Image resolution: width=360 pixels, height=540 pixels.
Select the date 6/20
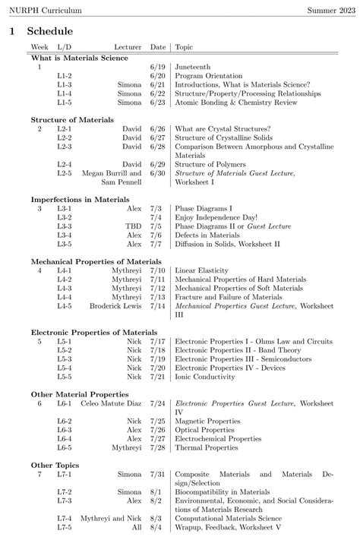point(157,77)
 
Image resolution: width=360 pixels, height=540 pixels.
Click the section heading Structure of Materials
point(72,119)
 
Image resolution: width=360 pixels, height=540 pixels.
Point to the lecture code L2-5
point(64,173)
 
